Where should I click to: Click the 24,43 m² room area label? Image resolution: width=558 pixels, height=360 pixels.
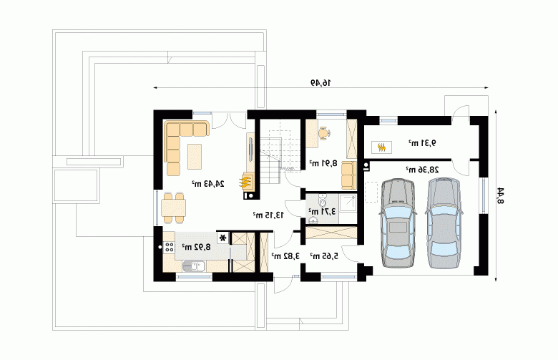click(208, 184)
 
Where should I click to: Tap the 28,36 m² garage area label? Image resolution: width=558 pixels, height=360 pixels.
click(422, 170)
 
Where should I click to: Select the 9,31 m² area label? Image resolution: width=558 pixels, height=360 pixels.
click(422, 143)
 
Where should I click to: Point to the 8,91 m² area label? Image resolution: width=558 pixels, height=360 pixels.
click(323, 163)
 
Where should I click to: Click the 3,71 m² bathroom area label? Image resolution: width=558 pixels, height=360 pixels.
click(322, 211)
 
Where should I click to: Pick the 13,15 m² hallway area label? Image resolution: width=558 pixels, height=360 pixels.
click(268, 215)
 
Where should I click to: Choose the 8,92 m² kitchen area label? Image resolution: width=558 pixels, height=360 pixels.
click(197, 246)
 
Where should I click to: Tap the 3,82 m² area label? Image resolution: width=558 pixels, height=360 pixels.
click(285, 256)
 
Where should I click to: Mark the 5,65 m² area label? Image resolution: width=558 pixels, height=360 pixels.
click(324, 256)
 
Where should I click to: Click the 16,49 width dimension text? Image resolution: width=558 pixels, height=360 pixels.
click(320, 82)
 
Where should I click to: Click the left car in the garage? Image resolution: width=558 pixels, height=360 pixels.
click(398, 223)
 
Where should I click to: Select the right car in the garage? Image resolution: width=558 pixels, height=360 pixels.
click(444, 223)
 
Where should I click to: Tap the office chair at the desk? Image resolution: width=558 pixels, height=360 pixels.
click(324, 133)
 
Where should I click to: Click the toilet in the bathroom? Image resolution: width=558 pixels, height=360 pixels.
click(323, 200)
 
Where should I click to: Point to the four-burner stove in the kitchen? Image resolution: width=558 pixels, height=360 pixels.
click(169, 247)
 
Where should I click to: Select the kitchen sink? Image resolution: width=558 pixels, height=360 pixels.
click(194, 266)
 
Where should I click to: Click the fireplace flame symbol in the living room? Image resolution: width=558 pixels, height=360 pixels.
click(245, 182)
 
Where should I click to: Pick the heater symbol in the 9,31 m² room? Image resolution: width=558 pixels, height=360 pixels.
click(382, 147)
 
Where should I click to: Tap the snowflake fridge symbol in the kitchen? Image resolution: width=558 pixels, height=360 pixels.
click(223, 238)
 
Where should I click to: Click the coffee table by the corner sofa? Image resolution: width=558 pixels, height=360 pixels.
click(195, 156)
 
